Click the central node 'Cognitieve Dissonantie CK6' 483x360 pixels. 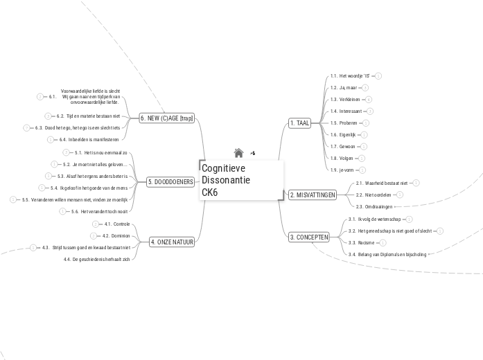pyautogui.click(x=240, y=180)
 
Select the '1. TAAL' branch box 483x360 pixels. pyautogui.click(x=300, y=123)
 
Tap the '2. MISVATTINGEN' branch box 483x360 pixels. pyautogui.click(x=312, y=195)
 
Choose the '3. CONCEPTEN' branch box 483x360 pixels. pyautogui.click(x=308, y=237)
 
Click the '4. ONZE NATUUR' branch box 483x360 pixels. pyautogui.click(x=172, y=242)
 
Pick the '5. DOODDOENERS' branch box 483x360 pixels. pyautogui.click(x=169, y=181)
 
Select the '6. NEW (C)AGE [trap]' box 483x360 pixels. pyautogui.click(x=167, y=118)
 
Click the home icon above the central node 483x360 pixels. pyautogui.click(x=238, y=153)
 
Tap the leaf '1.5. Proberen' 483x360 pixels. pyautogui.click(x=344, y=123)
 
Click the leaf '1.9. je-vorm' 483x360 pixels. pyautogui.click(x=342, y=170)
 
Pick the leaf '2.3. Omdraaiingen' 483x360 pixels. pyautogui.click(x=374, y=206)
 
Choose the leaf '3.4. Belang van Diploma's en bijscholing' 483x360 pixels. pyautogui.click(x=387, y=254)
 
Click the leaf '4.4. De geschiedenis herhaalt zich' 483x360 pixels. pyautogui.click(x=96, y=259)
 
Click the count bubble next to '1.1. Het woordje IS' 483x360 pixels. pyautogui.click(x=378, y=75)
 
